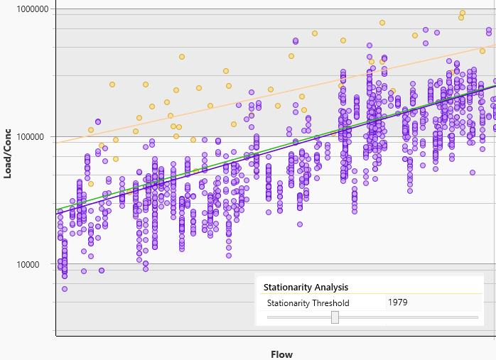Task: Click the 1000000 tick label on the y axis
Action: (28, 9)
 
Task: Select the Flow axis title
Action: (281, 354)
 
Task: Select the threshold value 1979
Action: (397, 302)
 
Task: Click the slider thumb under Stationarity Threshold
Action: (335, 317)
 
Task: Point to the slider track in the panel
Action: (412, 317)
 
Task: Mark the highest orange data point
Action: (463, 13)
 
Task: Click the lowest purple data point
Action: (65, 289)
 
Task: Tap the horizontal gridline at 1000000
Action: (213, 9)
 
